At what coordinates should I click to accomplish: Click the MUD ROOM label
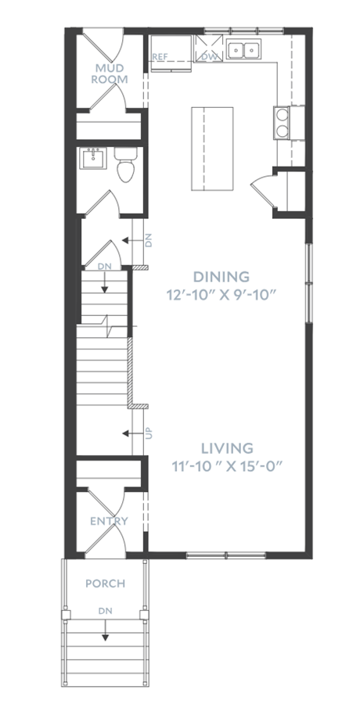point(110,74)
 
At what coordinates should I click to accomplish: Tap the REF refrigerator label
point(160,57)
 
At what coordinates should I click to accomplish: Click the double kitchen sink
point(244,49)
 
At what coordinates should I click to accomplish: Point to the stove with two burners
point(283,123)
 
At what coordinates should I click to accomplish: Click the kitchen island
point(212,149)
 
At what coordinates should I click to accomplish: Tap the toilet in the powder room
point(126,165)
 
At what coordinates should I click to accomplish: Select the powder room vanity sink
point(93,159)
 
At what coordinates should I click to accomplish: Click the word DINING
point(221,276)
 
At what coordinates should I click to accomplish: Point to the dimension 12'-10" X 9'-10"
point(221,295)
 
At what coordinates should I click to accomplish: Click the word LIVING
point(227,448)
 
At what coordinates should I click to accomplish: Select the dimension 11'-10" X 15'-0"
point(227,466)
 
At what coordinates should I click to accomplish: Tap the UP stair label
point(149,433)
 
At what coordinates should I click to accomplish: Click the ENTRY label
point(110,521)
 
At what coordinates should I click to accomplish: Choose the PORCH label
point(105,584)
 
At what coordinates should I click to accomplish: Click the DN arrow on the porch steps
point(106,630)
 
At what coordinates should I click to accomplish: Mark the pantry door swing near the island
point(261,189)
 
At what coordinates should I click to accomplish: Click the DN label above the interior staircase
point(104,267)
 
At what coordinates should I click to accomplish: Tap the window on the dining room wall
point(309,283)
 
